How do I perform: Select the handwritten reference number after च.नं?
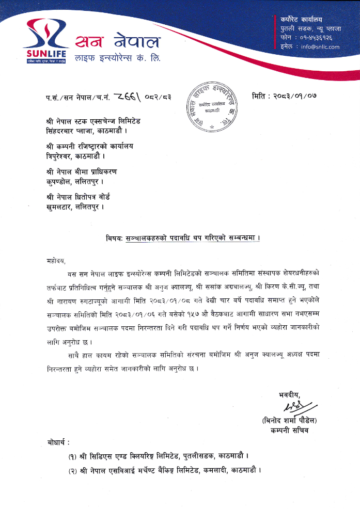pyautogui.click(x=121, y=96)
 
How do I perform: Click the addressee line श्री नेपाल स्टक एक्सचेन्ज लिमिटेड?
pyautogui.click(x=93, y=121)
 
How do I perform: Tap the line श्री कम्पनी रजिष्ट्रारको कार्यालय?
pyautogui.click(x=89, y=146)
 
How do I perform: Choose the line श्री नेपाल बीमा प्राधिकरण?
pyautogui.click(x=81, y=172)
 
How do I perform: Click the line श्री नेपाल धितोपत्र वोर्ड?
pyautogui.click(x=78, y=197)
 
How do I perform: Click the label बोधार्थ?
pyautogui.click(x=57, y=443)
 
